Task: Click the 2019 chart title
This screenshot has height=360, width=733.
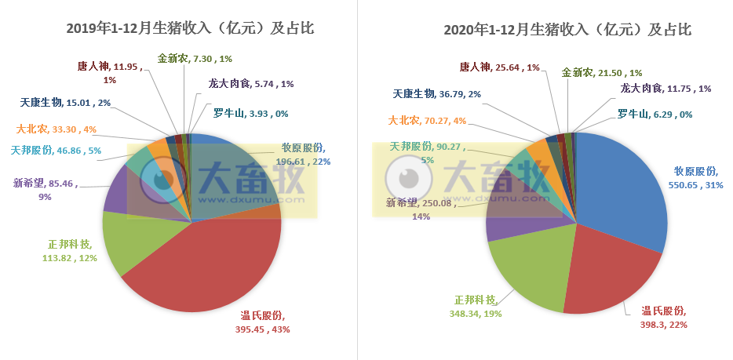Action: (190, 29)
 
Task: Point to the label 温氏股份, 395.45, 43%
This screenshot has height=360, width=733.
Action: (265, 322)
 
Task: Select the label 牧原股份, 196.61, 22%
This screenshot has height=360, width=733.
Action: (306, 155)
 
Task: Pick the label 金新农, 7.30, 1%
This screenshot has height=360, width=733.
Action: (195, 59)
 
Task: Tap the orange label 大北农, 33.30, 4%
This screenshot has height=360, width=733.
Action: (57, 129)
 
